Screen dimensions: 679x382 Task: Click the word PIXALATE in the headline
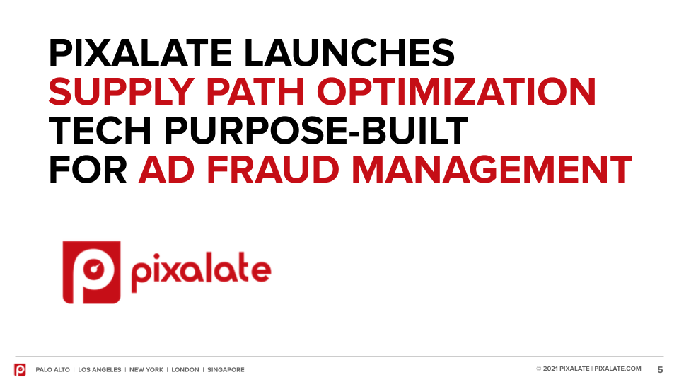(x=140, y=53)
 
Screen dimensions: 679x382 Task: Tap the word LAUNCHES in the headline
(x=349, y=53)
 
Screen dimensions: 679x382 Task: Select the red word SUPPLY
(x=121, y=91)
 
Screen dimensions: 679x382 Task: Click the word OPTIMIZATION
(x=456, y=91)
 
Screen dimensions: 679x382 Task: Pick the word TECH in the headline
(x=100, y=130)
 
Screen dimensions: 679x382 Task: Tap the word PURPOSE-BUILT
(x=315, y=130)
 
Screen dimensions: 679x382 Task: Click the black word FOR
(x=88, y=169)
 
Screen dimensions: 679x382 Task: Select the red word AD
(x=166, y=169)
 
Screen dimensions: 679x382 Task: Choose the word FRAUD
(x=273, y=169)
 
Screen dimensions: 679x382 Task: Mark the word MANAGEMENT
(x=492, y=169)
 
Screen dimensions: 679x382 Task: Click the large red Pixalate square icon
(x=91, y=272)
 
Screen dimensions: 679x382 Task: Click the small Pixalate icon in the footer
(x=20, y=369)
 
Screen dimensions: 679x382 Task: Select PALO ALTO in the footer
(x=53, y=369)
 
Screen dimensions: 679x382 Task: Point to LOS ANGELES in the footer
(x=100, y=369)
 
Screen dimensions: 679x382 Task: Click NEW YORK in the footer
(x=146, y=369)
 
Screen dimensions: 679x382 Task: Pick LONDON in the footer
(x=185, y=369)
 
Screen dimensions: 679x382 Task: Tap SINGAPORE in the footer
(x=226, y=369)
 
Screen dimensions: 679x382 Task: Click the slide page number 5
(x=661, y=369)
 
